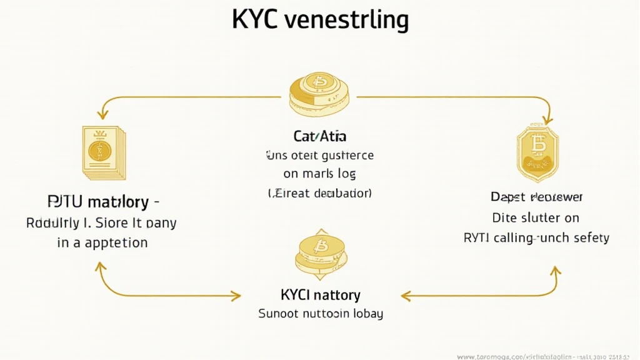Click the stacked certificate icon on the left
pos(102,151)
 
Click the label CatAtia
pos(320,136)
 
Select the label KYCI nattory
pos(320,294)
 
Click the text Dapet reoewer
pos(536,197)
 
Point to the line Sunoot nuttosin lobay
pos(320,313)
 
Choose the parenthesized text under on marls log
pos(320,194)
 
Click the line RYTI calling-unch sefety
pos(536,237)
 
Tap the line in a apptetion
pos(102,242)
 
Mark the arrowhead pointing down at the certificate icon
pos(100,115)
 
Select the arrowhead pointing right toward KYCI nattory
pos(236,295)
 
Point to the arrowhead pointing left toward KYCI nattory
pos(405,295)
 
